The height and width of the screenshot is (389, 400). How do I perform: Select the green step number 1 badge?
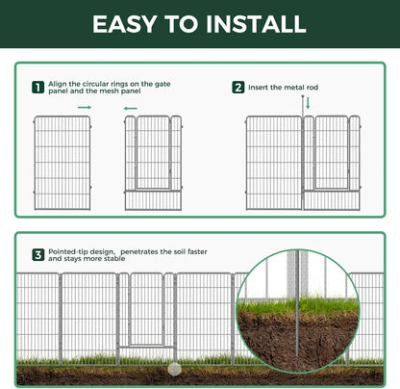(x=37, y=88)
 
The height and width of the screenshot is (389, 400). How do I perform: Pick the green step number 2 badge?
(x=237, y=88)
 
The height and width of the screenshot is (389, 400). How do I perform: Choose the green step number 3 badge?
(x=37, y=255)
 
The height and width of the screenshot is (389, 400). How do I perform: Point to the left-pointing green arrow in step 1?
(x=130, y=108)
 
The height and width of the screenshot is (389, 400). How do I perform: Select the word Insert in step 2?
(x=261, y=88)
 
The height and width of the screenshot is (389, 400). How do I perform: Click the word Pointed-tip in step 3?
(x=71, y=251)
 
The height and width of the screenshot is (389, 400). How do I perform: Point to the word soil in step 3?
(x=182, y=251)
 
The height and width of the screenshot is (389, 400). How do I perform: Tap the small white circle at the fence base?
(x=174, y=368)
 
